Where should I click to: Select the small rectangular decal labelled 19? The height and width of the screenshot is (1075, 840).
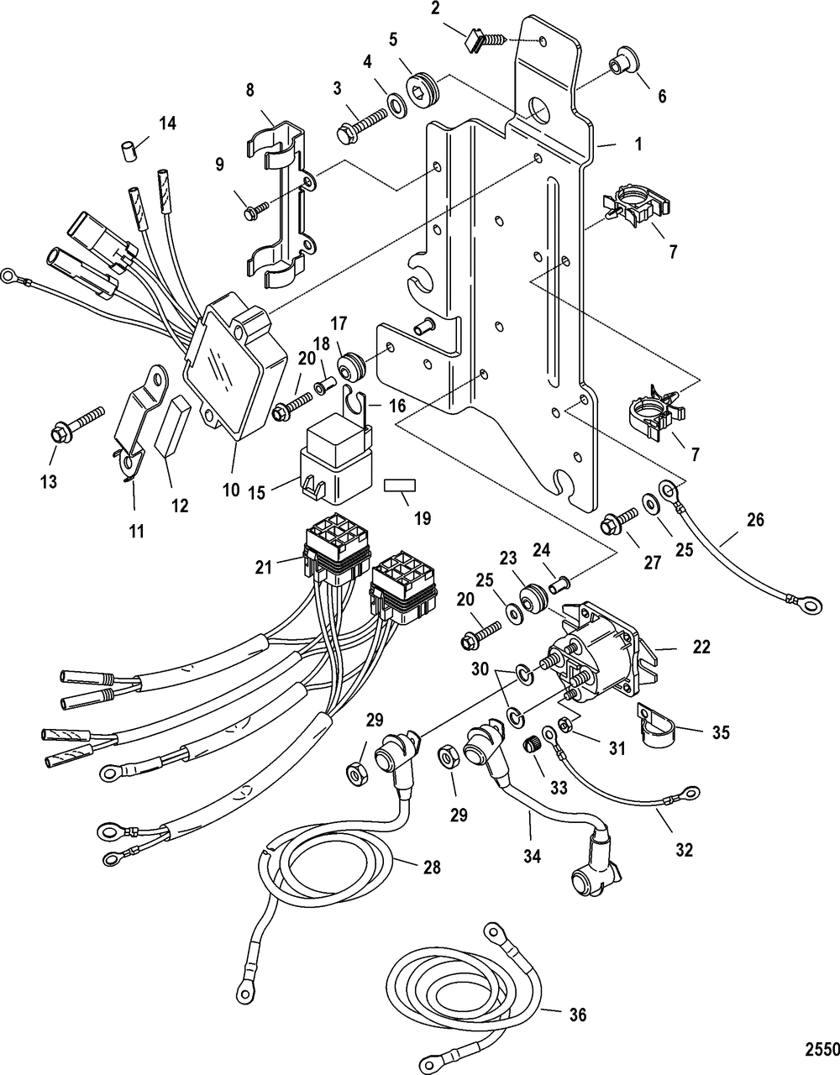tap(399, 486)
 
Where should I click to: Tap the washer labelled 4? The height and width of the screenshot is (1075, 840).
tap(393, 108)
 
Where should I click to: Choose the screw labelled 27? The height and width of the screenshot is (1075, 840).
tap(612, 526)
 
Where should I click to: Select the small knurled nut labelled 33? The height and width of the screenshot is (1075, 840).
tap(530, 744)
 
